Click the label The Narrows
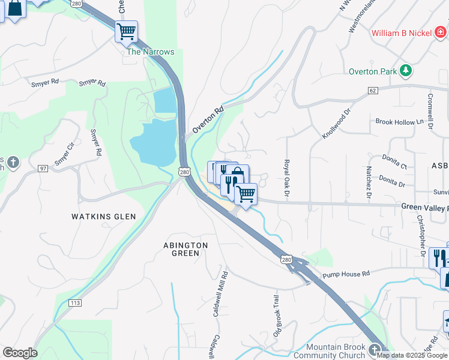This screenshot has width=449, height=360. coord(150,52)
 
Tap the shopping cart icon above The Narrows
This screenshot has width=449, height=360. coord(126,31)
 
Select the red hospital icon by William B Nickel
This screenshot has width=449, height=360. coord(441,32)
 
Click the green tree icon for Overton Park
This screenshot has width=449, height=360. coord(406,71)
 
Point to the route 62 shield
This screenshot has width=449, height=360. coord(373,90)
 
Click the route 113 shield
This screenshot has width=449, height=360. coord(75,303)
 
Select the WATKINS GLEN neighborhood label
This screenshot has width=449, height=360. coord(104,216)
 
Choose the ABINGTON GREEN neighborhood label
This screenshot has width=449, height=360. coord(185,249)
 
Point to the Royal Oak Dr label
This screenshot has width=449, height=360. coord(286,178)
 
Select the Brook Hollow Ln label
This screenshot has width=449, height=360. coord(399,122)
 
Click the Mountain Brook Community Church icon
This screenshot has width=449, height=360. coord(375,349)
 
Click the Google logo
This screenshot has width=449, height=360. coord(20,353)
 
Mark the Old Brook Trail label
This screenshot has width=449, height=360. coord(277,315)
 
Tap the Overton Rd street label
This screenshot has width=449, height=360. coord(208,120)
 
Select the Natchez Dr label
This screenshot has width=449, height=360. coord(369,182)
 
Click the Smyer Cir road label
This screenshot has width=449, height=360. coord(64,153)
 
